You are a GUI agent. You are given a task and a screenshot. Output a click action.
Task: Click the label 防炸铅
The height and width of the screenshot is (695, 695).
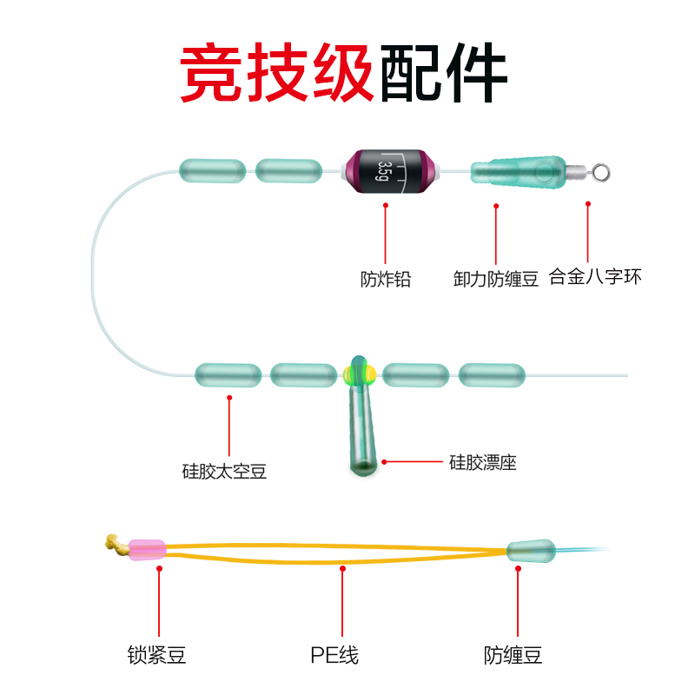(385, 279)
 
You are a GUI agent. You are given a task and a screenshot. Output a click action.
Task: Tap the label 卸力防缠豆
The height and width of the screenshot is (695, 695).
(496, 279)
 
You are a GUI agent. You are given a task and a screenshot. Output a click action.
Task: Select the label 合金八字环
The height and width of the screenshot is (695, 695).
(595, 277)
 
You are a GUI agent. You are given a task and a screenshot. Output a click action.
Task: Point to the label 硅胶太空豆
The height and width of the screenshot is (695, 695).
(224, 471)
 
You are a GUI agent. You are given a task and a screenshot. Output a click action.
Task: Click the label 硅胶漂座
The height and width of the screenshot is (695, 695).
(482, 462)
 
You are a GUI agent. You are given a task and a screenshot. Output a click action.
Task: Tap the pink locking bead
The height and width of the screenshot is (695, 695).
(147, 549)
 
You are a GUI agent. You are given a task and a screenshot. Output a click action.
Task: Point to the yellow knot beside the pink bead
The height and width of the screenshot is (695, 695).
(114, 544)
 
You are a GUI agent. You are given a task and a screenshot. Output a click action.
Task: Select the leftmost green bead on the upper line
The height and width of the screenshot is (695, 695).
(211, 170)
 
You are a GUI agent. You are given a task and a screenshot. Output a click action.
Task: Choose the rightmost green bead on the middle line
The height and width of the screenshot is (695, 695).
(492, 375)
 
